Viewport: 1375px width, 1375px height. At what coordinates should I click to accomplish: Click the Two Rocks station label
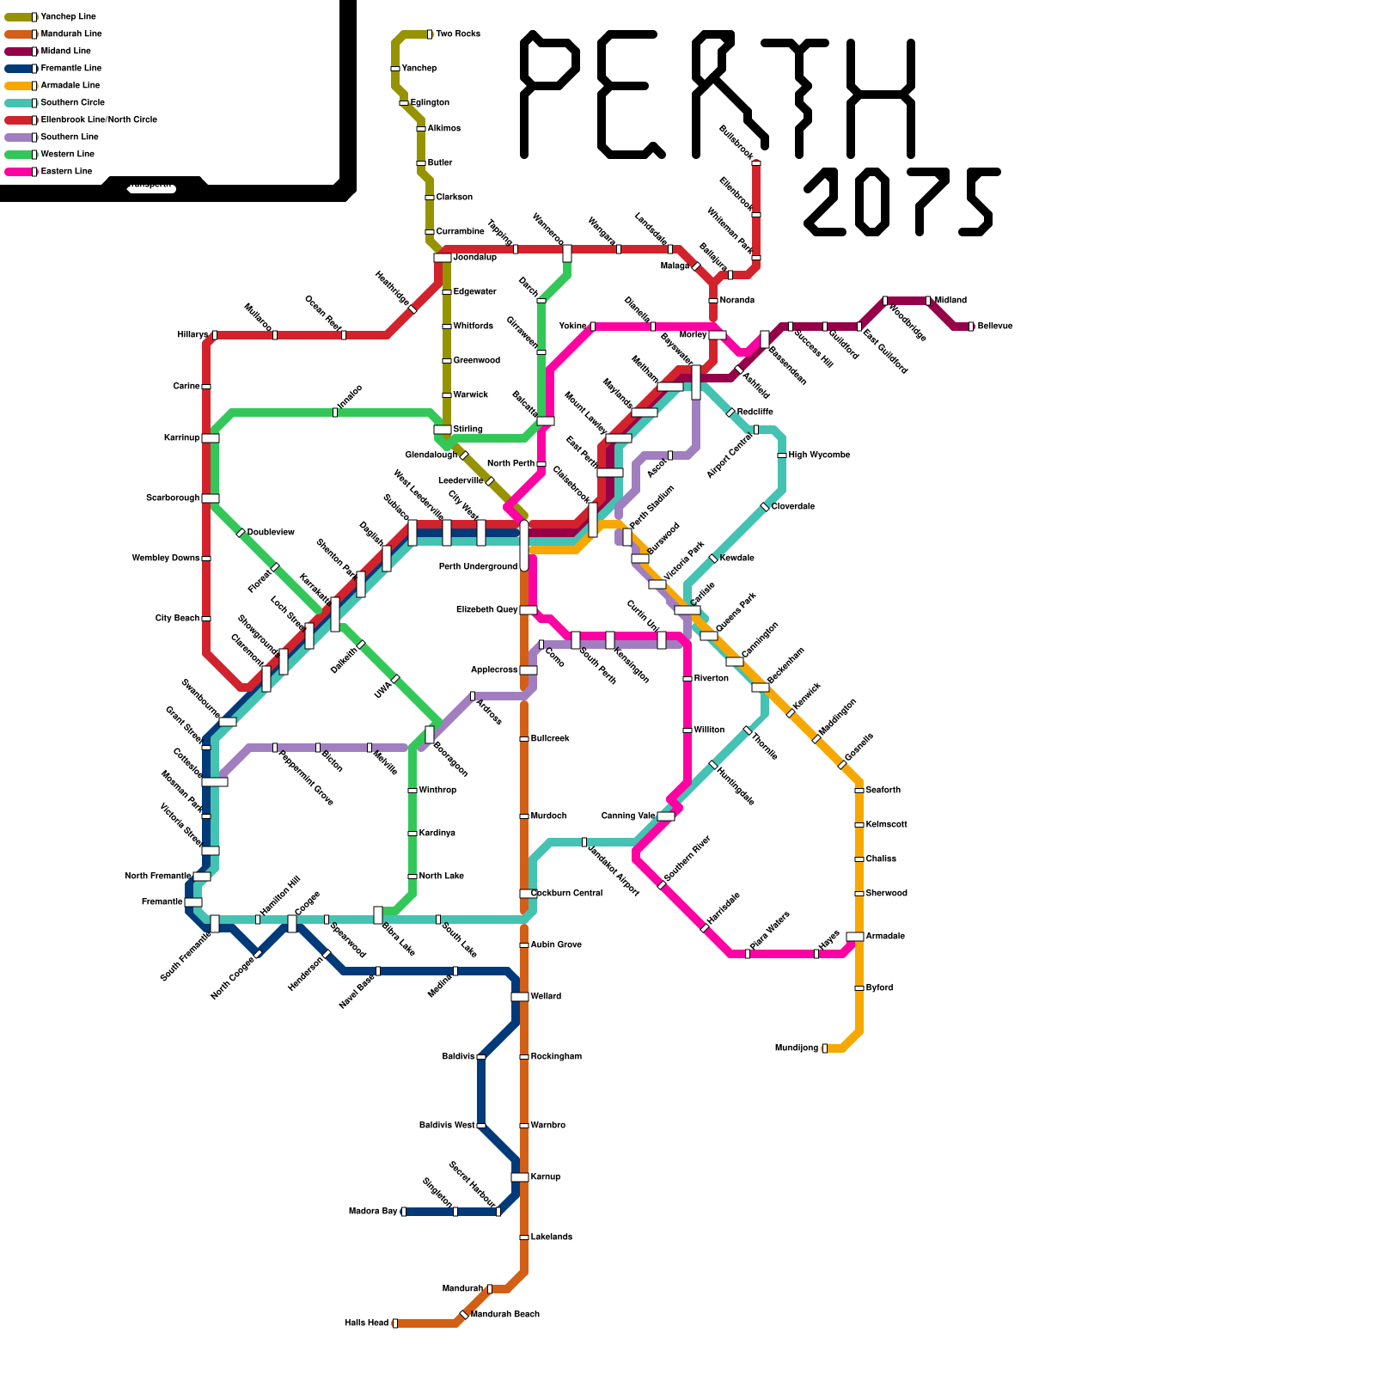point(457,34)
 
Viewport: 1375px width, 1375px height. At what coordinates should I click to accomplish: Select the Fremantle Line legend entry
point(70,69)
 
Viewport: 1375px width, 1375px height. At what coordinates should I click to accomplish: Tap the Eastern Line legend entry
point(66,172)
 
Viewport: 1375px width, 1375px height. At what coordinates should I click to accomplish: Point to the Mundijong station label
point(796,1048)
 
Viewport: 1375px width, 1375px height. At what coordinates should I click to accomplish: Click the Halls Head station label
point(366,1323)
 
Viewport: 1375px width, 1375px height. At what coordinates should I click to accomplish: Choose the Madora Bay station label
point(373,1212)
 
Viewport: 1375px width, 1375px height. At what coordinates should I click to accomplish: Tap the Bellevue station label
point(995,327)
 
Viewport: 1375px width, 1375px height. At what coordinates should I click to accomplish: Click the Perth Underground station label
point(478,567)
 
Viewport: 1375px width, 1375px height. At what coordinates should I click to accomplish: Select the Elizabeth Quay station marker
point(528,610)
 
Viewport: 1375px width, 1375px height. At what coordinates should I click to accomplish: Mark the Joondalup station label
point(474,258)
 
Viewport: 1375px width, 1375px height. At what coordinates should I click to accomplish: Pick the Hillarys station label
point(192,335)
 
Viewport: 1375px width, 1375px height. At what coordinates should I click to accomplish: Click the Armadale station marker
point(854,937)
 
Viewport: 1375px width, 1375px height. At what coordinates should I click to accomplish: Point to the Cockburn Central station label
point(566,894)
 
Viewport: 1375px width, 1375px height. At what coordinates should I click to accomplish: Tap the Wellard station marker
point(520,997)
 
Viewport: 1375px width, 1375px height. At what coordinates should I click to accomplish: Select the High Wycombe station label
point(819,455)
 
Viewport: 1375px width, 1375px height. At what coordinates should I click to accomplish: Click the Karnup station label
point(545,1177)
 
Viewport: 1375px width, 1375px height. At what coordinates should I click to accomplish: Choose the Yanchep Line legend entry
point(68,17)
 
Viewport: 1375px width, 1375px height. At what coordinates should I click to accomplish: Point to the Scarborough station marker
point(210,498)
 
